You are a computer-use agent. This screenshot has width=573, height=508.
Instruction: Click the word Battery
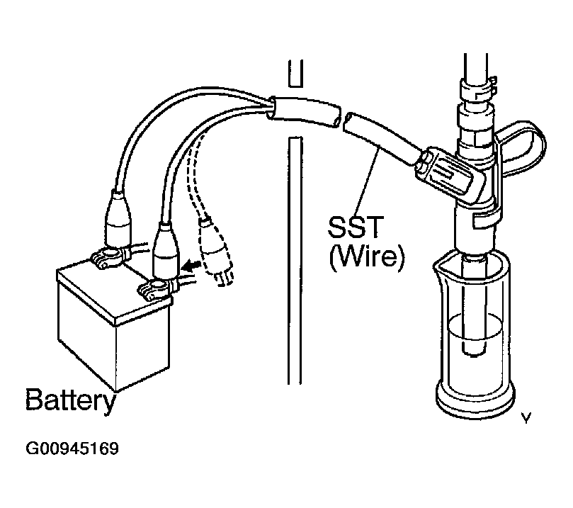pyautogui.click(x=69, y=400)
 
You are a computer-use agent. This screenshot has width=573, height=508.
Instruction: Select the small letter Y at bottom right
pyautogui.click(x=526, y=419)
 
